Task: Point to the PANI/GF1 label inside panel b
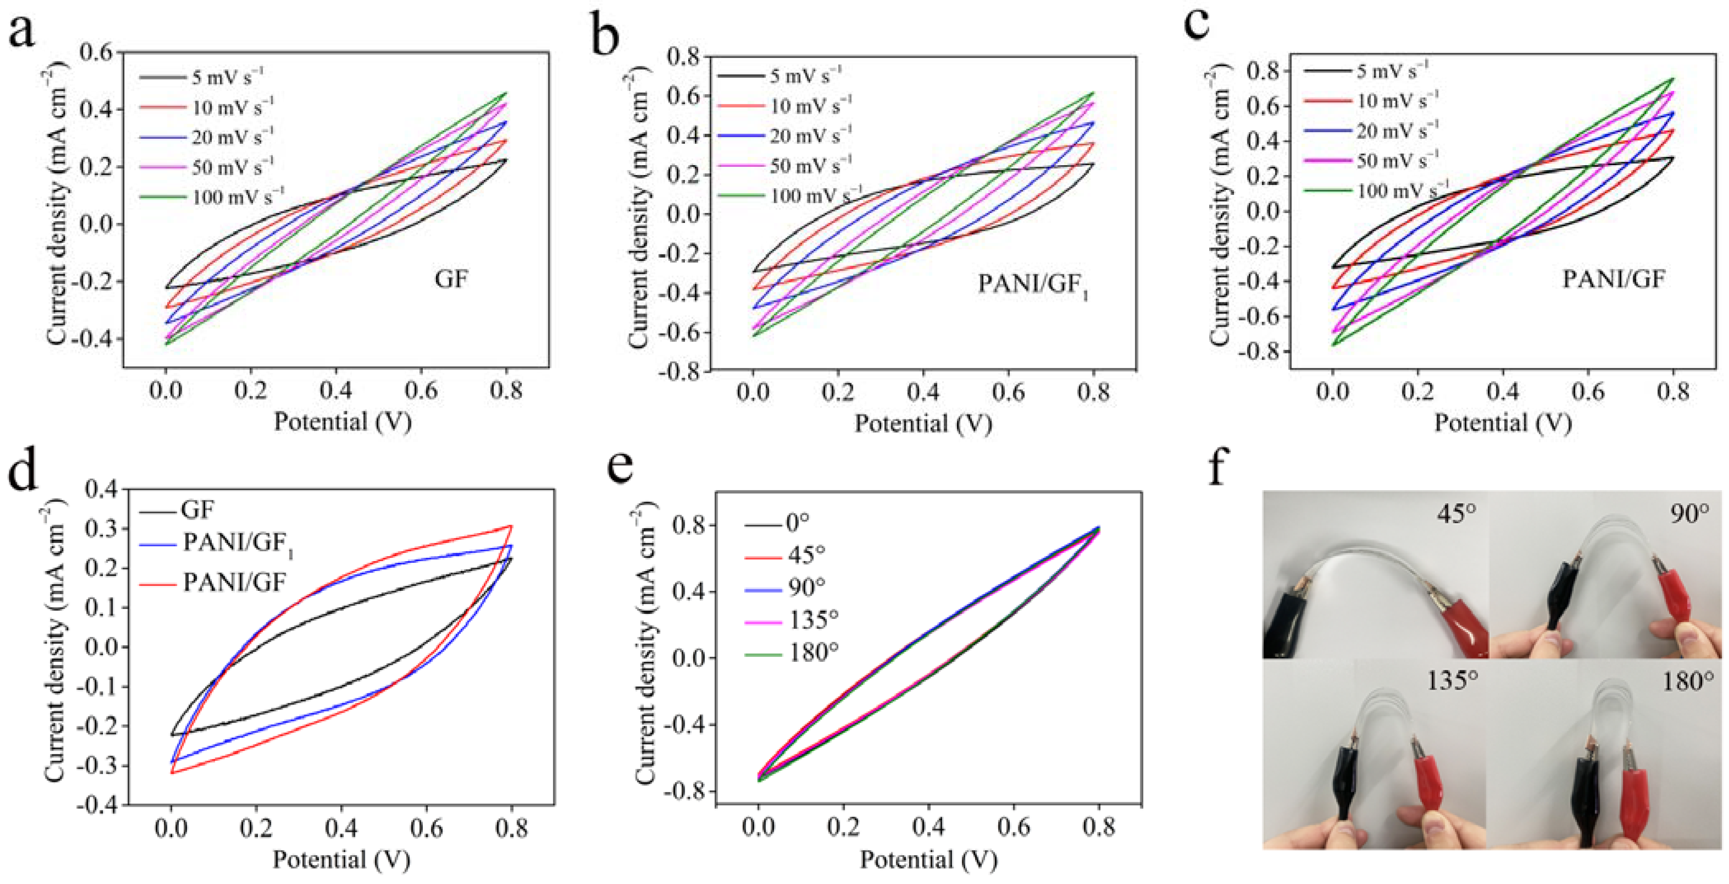[x=1032, y=285]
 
